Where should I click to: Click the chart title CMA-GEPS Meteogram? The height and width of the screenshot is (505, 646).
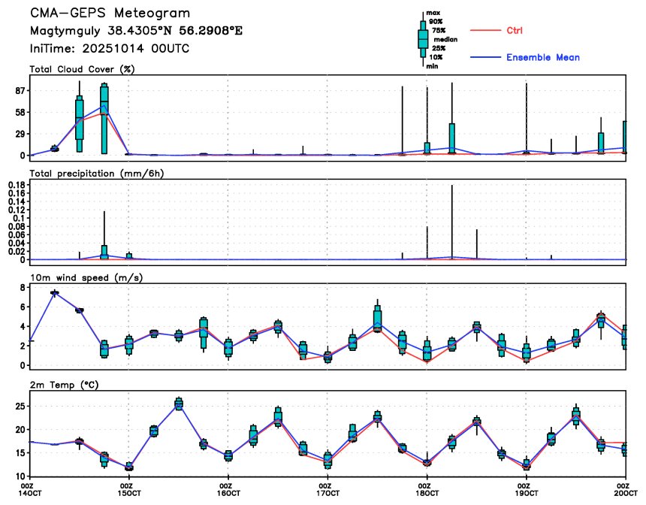coord(110,14)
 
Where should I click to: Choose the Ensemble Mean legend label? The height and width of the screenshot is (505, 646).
coord(542,57)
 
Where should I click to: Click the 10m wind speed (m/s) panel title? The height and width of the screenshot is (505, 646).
coord(86,277)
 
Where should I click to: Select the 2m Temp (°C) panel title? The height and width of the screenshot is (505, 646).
coord(65,385)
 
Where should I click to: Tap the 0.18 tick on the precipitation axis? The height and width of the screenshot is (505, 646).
coord(16,183)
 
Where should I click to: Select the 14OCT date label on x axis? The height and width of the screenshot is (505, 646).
coord(30,493)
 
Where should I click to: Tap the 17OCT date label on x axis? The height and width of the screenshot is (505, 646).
coord(328,493)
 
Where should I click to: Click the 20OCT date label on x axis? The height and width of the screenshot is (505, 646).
coord(623,493)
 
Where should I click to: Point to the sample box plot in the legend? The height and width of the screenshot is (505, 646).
coord(423,38)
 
